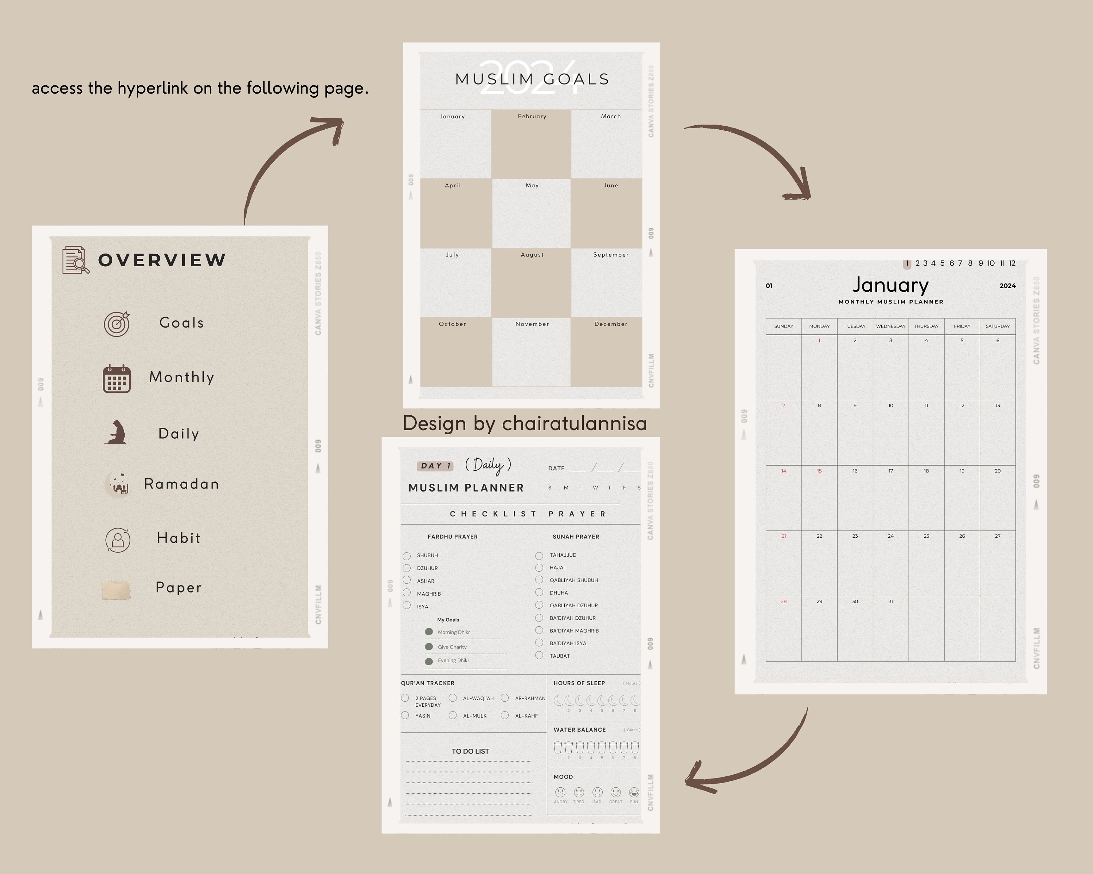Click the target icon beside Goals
117,324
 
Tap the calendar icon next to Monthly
117,379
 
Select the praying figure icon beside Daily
117,432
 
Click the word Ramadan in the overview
181,484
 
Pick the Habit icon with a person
118,540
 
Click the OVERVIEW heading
162,260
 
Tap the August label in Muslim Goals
532,255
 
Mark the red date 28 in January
783,601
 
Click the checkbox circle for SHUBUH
407,556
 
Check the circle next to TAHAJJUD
539,556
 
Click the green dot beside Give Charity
429,646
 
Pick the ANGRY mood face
560,792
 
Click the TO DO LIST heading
470,751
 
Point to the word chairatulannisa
575,423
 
